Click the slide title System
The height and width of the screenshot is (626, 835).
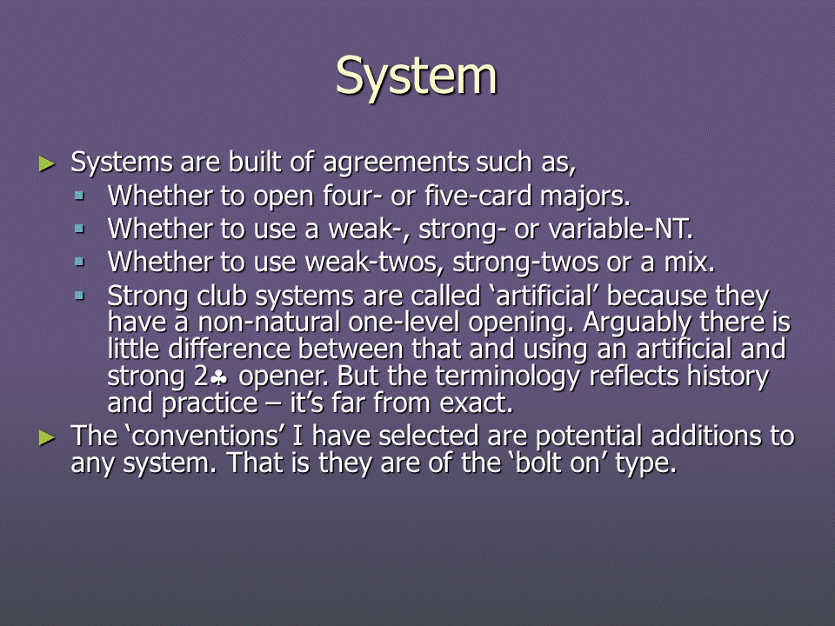(417, 77)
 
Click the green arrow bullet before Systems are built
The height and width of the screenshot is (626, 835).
(47, 164)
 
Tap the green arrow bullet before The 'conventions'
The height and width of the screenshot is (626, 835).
(47, 438)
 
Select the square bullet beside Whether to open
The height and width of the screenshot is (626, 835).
(79, 196)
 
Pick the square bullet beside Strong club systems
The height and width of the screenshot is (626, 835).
(79, 296)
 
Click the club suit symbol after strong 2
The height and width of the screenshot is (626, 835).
(219, 377)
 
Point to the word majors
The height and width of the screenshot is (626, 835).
(585, 196)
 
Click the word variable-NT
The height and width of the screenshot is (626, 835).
(620, 230)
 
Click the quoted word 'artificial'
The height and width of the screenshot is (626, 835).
(544, 296)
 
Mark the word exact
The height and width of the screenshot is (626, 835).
(477, 403)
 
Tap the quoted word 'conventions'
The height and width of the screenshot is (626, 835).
(206, 436)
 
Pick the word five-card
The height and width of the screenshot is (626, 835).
(478, 196)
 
